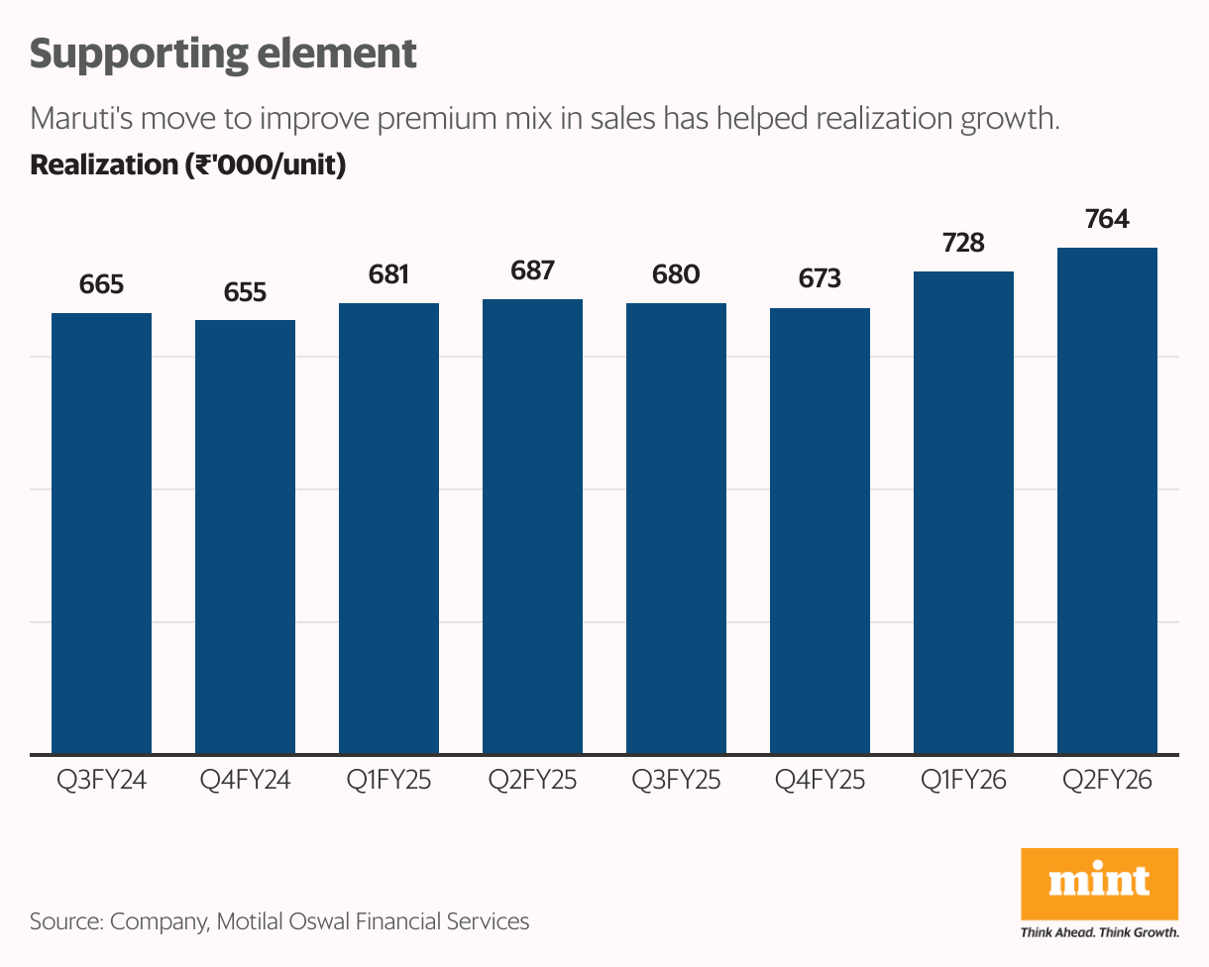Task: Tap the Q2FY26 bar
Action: click(x=1107, y=500)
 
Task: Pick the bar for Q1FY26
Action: click(x=963, y=512)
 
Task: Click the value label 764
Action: click(x=1107, y=219)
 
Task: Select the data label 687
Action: click(x=532, y=270)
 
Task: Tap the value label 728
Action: click(x=963, y=243)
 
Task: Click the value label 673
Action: click(x=820, y=279)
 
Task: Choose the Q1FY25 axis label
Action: click(x=388, y=781)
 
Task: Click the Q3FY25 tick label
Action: click(x=676, y=781)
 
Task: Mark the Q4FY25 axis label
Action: click(x=820, y=781)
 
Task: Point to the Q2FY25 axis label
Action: click(x=532, y=781)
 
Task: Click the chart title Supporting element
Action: click(x=223, y=54)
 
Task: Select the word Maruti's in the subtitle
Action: click(x=82, y=119)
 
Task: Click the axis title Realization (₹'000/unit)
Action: click(x=187, y=164)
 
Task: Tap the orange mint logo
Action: click(x=1099, y=882)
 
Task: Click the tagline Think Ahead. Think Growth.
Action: click(x=1099, y=932)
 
